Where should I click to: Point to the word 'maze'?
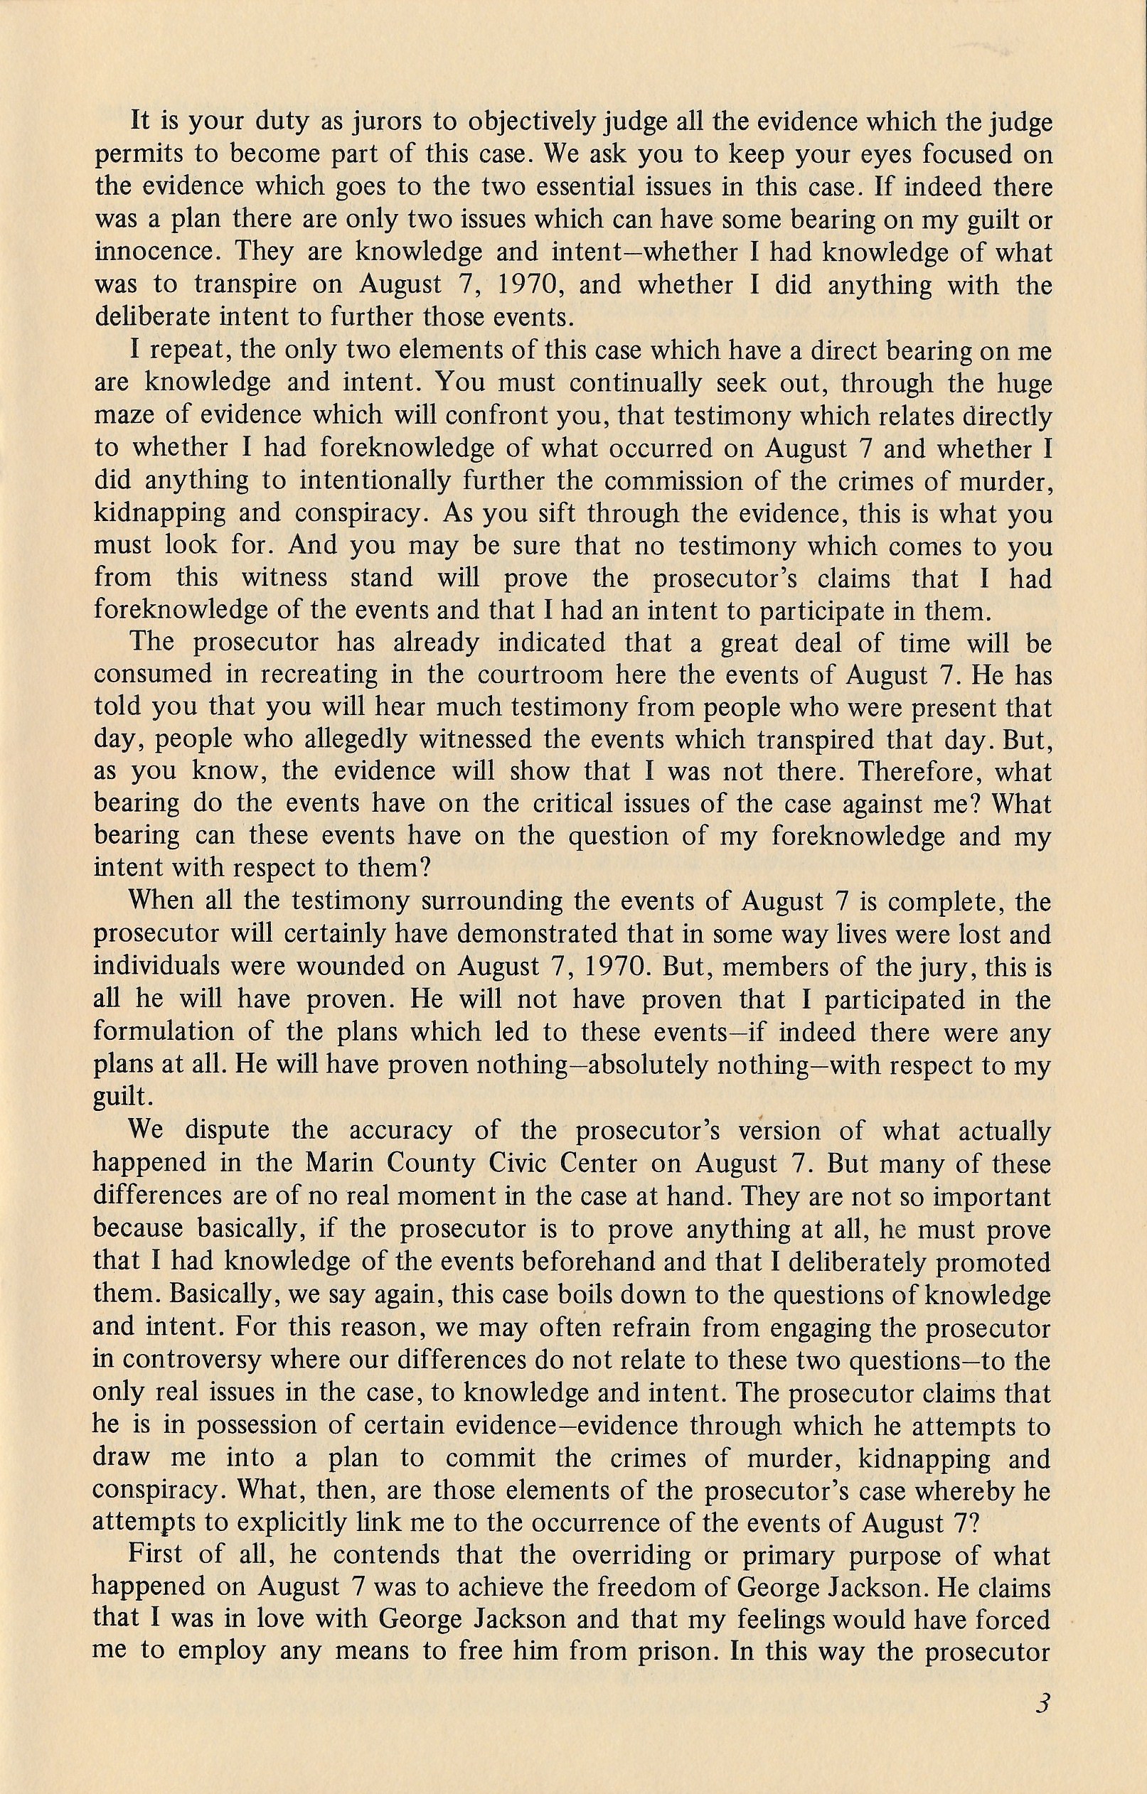click(122, 416)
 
